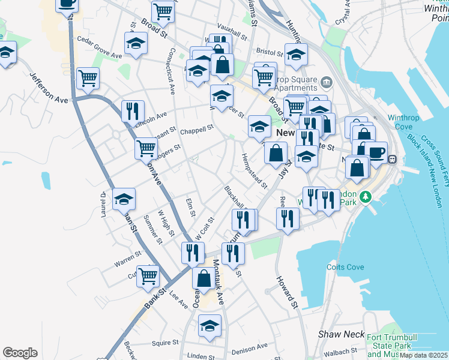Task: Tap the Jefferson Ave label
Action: point(50,89)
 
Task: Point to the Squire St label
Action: point(165,343)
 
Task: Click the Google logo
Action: point(20,353)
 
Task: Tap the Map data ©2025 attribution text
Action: point(424,355)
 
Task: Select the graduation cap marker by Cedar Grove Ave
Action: point(136,43)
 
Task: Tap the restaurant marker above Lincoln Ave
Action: point(132,111)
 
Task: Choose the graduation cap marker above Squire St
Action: point(209,325)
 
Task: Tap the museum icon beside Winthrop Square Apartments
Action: point(326,82)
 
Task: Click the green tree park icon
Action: point(364,196)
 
